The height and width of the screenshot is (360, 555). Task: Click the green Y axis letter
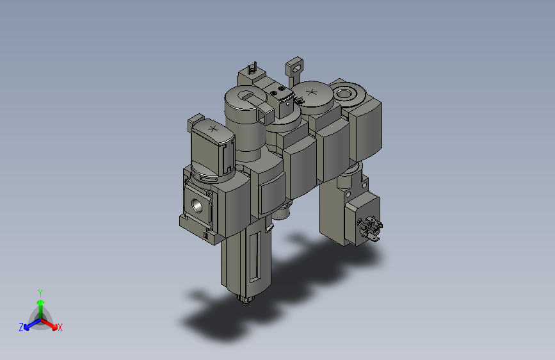coord(40,292)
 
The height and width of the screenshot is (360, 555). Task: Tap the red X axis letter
coord(60,327)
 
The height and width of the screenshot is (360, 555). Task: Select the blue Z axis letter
coord(21,327)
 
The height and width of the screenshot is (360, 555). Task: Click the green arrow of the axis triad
coord(40,304)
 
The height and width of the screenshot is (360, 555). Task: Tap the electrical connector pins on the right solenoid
coord(371,229)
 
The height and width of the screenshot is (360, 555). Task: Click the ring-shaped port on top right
coord(346,94)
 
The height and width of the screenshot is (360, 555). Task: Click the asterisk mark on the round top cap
coord(312,94)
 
